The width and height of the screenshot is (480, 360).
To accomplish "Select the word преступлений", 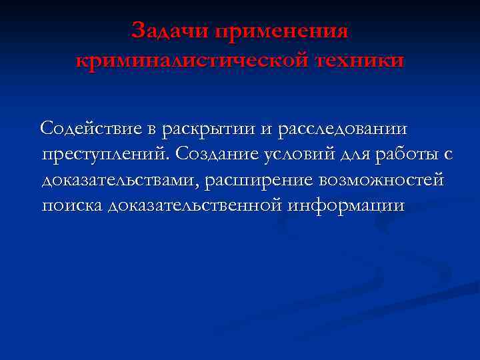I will pos(107,155).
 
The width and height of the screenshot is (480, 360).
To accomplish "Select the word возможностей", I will pos(381,181).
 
